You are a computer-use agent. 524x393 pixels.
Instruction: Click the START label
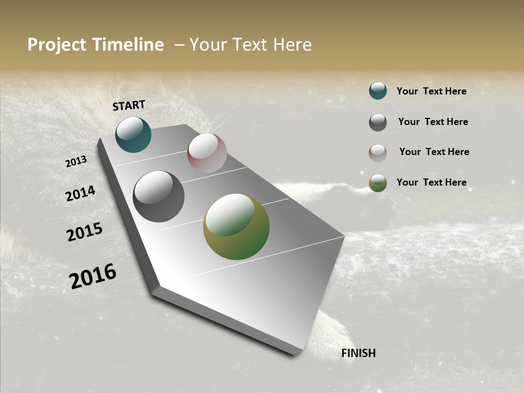(x=129, y=105)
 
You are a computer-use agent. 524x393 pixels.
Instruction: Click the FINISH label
(x=359, y=353)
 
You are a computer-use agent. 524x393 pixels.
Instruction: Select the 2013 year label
(x=76, y=162)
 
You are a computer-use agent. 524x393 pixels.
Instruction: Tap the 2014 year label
(x=80, y=194)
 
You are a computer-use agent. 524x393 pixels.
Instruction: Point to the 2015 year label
(x=85, y=232)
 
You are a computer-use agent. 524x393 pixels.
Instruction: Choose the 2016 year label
(x=93, y=276)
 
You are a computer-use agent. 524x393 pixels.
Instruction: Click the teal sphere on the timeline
(x=133, y=134)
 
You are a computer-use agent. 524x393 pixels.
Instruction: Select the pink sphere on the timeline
(x=207, y=153)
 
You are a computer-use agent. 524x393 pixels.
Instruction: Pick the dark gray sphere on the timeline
(x=158, y=196)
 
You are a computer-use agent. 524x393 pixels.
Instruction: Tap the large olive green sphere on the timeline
(x=236, y=227)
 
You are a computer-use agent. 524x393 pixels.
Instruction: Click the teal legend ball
(x=378, y=91)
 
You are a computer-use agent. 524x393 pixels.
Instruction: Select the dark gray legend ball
(x=378, y=122)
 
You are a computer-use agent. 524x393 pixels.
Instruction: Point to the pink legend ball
(x=378, y=153)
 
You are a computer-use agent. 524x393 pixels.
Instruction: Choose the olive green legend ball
(x=378, y=183)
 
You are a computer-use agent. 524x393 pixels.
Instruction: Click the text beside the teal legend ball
(x=431, y=91)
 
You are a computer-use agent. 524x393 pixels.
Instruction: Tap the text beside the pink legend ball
(x=434, y=152)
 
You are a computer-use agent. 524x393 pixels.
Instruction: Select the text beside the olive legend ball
(x=431, y=182)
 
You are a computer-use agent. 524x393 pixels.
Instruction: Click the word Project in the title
(x=56, y=45)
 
